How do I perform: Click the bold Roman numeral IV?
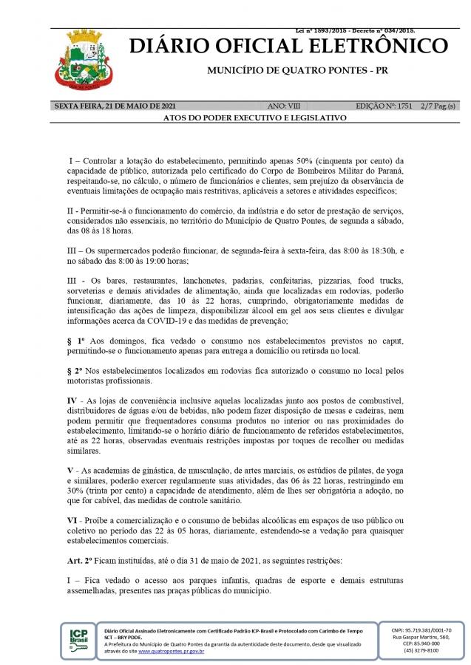click(x=72, y=400)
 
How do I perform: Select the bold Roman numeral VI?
click(x=72, y=521)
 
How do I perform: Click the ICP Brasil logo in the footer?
click(x=78, y=638)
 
